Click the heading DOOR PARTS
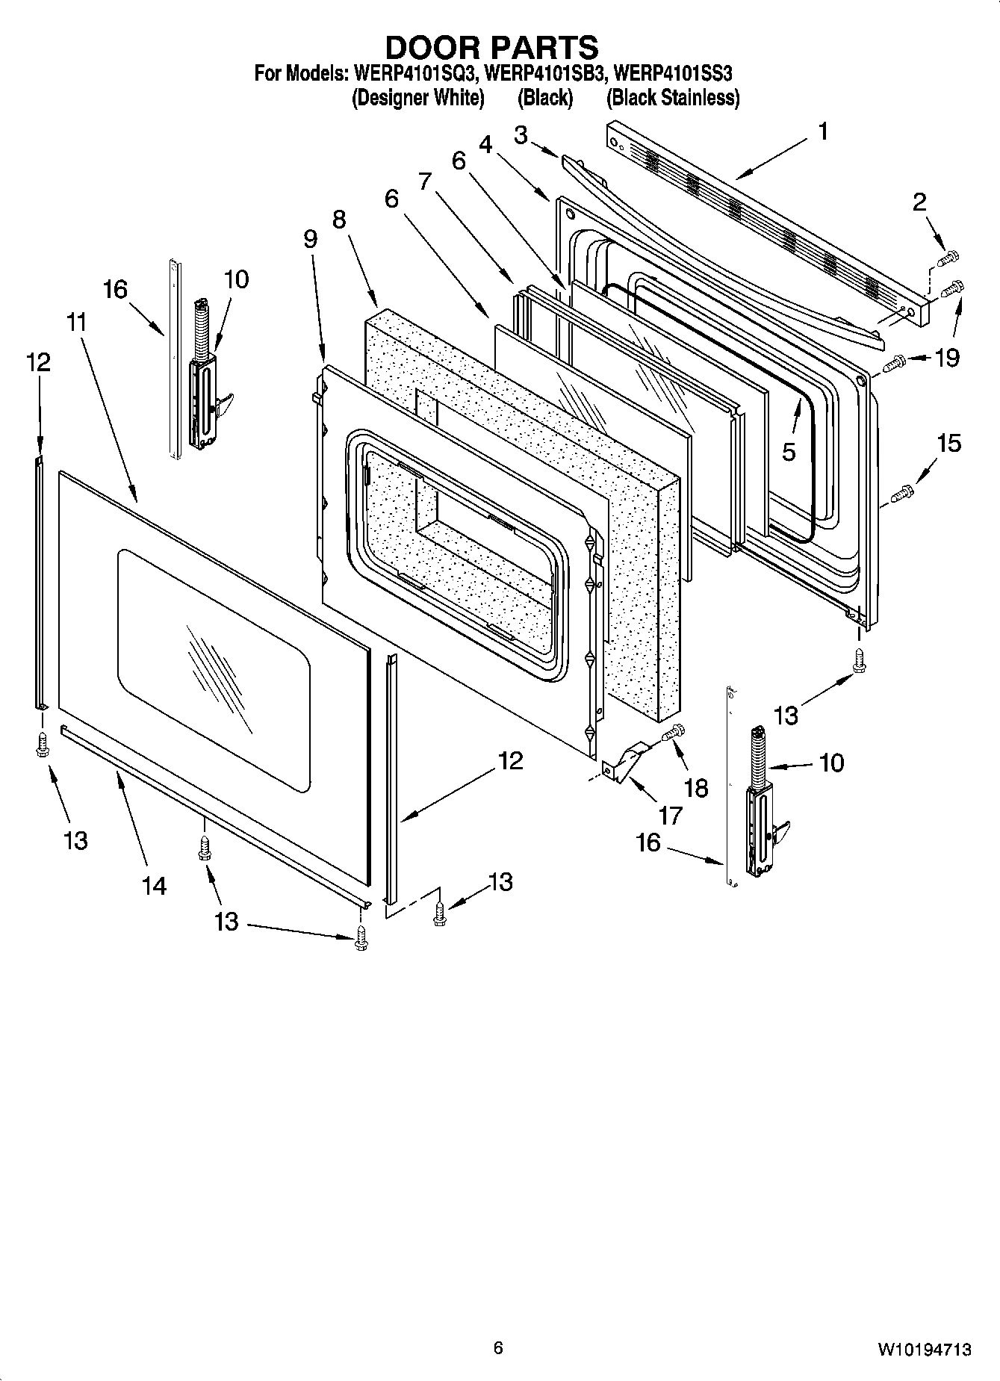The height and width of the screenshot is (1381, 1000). pyautogui.click(x=491, y=47)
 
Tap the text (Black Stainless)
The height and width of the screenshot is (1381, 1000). pyautogui.click(x=672, y=98)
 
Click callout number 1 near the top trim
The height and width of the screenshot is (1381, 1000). pyautogui.click(x=822, y=132)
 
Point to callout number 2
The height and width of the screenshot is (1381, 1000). pyautogui.click(x=919, y=201)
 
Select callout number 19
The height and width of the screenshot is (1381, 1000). pyautogui.click(x=946, y=359)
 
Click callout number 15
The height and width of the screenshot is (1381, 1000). pyautogui.click(x=948, y=444)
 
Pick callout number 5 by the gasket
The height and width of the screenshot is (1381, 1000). pyautogui.click(x=789, y=452)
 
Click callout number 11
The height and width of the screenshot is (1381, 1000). pyautogui.click(x=76, y=323)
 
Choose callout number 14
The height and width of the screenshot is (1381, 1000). pyautogui.click(x=155, y=886)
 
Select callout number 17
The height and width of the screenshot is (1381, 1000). pyautogui.click(x=670, y=816)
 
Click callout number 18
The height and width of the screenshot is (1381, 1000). pyautogui.click(x=696, y=787)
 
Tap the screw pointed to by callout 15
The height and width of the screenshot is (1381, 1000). pyautogui.click(x=902, y=494)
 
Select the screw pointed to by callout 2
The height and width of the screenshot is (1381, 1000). pyautogui.click(x=947, y=259)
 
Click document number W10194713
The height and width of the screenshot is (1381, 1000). pyautogui.click(x=924, y=1350)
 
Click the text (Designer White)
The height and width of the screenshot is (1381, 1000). pyautogui.click(x=417, y=98)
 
